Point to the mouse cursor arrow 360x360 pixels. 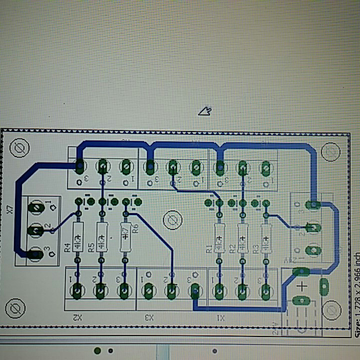pyautogui.click(x=205, y=111)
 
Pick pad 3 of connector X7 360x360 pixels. pyautogui.click(x=34, y=253)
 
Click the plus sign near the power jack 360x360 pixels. pyautogui.click(x=301, y=286)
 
